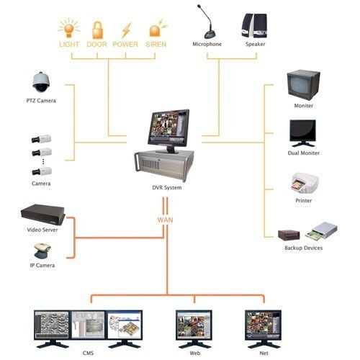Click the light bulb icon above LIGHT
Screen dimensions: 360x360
[x=70, y=29]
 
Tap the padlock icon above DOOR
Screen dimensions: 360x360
[x=96, y=29]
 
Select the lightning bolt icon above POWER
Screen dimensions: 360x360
[x=125, y=29]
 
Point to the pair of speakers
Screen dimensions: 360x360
[x=255, y=26]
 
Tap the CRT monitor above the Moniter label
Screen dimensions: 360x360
[x=303, y=84]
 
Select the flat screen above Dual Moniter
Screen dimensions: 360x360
[x=303, y=132]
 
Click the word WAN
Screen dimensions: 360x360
[x=166, y=217]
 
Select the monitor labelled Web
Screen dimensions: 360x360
[x=194, y=325]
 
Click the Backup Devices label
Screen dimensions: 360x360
[x=303, y=248]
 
